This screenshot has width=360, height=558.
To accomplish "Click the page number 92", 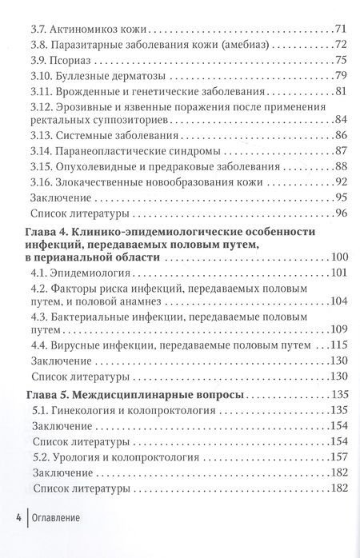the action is (x=338, y=182).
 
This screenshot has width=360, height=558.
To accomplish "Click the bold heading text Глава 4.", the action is (x=39, y=232).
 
